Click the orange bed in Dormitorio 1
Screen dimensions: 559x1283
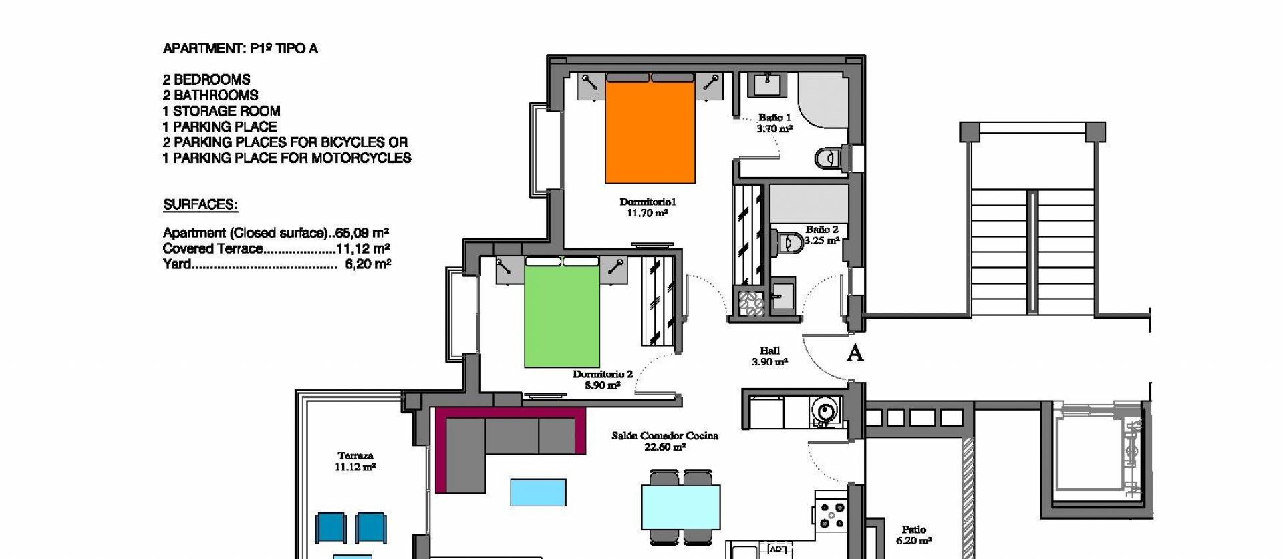point(650,130)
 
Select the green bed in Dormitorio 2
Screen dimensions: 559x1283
point(561,314)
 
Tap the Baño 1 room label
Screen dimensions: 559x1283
point(774,123)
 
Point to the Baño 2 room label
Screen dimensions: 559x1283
point(821,235)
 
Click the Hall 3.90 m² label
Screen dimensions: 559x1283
point(770,356)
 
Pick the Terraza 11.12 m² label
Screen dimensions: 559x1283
point(355,461)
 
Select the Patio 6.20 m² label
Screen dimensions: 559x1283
point(913,535)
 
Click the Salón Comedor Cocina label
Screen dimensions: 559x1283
point(665,441)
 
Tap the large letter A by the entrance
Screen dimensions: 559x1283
point(855,353)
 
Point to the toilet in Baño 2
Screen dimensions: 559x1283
point(791,242)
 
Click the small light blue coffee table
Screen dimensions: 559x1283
point(538,492)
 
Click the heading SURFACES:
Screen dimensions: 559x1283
point(200,205)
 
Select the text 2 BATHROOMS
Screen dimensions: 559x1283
point(210,96)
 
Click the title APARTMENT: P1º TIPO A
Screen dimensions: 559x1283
point(241,49)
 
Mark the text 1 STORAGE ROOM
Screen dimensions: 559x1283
point(221,111)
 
